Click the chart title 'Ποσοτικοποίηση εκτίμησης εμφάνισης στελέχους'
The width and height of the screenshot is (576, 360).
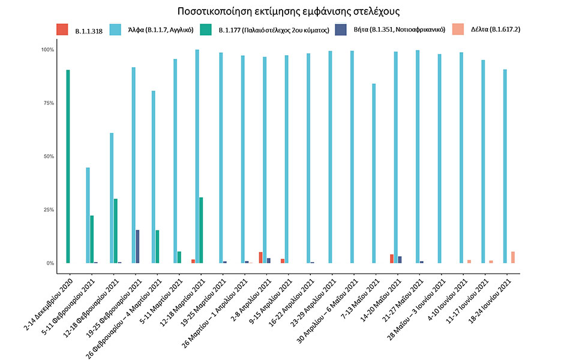(289, 11)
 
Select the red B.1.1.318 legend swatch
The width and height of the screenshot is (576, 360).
(62, 29)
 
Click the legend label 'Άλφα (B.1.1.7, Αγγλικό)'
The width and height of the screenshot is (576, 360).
(158, 29)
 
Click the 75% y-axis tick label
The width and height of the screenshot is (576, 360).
(48, 103)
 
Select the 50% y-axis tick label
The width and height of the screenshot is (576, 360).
(48, 157)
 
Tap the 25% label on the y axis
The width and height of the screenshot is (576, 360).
(48, 210)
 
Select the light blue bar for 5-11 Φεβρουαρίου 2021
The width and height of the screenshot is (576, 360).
(88, 215)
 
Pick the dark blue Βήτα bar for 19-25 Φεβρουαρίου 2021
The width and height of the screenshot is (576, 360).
(137, 247)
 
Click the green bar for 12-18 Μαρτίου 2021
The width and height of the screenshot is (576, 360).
(201, 230)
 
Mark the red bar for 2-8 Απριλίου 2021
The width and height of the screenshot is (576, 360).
(260, 257)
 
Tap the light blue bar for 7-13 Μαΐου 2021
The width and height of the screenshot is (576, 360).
(374, 173)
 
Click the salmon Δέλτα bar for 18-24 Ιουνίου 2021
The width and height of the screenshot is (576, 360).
(513, 257)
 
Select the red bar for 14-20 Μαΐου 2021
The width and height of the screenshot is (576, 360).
(392, 259)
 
